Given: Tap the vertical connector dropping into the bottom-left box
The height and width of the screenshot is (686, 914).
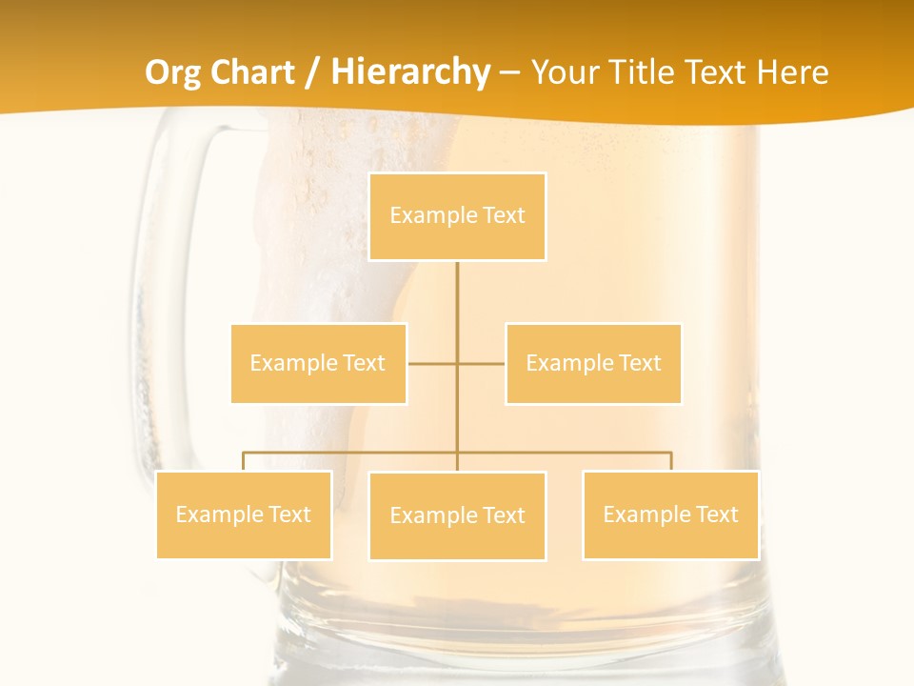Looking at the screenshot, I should pos(244,461).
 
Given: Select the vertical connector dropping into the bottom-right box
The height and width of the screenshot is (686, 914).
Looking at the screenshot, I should pos(671,461).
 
